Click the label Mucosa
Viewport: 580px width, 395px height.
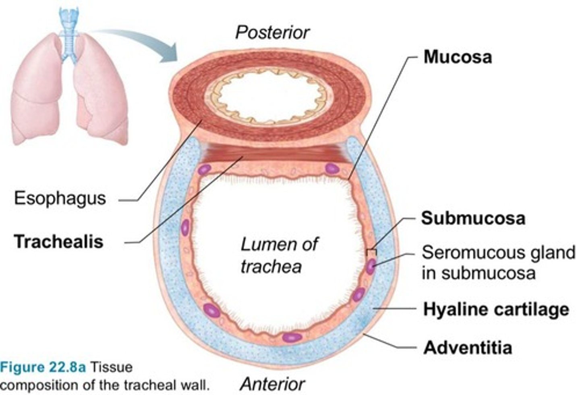[x=458, y=57]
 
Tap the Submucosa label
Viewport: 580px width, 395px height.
[x=473, y=218]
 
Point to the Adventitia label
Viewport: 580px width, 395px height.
[x=468, y=347]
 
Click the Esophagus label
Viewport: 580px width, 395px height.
[x=60, y=198]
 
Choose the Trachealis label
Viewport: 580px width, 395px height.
[x=59, y=241]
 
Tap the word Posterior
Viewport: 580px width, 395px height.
[x=272, y=33]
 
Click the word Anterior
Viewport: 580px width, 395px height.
[x=272, y=384]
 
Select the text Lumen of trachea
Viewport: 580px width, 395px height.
[x=278, y=255]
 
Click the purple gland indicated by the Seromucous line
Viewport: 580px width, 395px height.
[x=371, y=266]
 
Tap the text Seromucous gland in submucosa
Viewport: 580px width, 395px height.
[x=498, y=262]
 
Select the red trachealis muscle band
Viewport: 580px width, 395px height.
[x=274, y=153]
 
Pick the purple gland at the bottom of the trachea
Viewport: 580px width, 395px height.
[x=292, y=337]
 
